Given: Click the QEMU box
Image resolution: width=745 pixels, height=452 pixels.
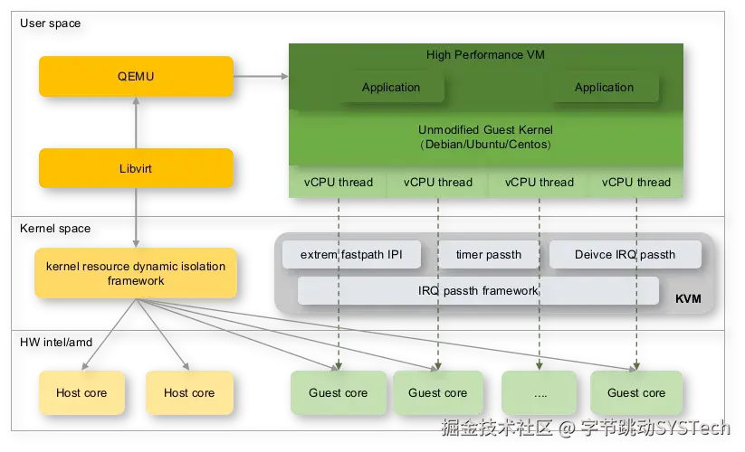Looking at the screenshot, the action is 136,76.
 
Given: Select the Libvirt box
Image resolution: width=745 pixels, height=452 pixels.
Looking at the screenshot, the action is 136,168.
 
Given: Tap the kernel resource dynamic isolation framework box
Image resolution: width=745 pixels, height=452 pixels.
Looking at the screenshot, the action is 136,273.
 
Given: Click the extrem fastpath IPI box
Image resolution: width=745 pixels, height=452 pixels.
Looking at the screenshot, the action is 351,255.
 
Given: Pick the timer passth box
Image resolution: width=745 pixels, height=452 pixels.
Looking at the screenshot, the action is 489,255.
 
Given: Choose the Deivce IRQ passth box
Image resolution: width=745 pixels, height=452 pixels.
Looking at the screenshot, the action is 626,255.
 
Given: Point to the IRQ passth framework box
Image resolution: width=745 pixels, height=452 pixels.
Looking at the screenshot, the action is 478,291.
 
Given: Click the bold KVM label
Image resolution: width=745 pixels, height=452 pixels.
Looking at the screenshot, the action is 688,299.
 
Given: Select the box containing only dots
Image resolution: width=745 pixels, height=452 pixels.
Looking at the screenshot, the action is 540,392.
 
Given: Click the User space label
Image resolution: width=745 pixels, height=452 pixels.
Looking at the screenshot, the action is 51,24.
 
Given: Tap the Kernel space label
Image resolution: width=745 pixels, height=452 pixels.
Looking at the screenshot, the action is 55,228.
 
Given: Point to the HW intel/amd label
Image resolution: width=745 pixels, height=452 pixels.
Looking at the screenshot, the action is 56,342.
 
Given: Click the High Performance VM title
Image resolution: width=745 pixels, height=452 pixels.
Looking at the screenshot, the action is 485,54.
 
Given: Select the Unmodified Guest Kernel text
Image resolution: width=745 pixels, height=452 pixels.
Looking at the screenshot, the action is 485,129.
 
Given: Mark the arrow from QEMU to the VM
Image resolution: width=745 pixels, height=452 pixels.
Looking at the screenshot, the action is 261,76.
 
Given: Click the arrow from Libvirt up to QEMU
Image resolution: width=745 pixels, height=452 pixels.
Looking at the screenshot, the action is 136,123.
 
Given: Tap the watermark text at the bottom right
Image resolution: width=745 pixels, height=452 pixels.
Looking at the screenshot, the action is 586,428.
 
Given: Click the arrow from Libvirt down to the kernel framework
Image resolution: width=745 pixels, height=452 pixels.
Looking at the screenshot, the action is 136,218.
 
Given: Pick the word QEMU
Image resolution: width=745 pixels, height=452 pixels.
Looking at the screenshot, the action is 136,76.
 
